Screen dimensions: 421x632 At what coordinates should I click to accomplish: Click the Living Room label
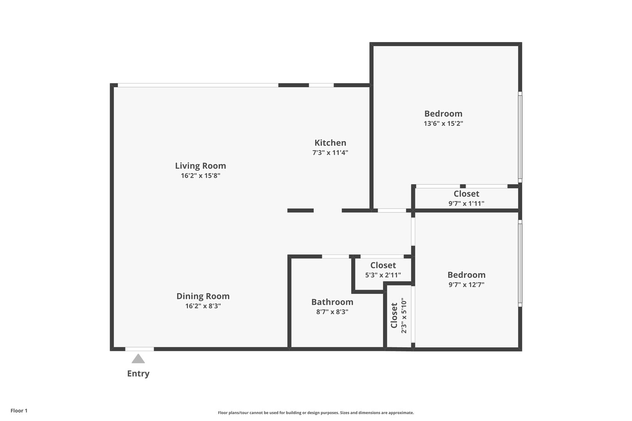click(x=200, y=166)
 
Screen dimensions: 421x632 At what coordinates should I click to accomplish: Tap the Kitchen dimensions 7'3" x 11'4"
click(x=330, y=153)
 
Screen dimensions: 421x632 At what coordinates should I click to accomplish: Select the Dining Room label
click(x=203, y=296)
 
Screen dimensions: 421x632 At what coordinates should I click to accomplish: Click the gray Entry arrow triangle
click(x=138, y=359)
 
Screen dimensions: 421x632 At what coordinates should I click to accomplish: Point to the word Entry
click(x=138, y=373)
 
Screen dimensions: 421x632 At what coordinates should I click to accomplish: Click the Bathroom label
click(x=332, y=302)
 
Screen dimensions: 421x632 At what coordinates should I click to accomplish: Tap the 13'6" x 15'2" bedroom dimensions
click(x=443, y=124)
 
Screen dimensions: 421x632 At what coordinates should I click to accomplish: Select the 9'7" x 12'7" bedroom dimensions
click(x=466, y=285)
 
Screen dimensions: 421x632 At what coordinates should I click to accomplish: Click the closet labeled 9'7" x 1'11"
click(x=466, y=198)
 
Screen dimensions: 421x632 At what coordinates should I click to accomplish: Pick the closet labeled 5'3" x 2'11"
click(x=383, y=270)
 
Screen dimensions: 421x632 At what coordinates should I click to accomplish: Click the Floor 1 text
click(x=19, y=410)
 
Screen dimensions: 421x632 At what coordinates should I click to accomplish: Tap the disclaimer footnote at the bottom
click(x=316, y=412)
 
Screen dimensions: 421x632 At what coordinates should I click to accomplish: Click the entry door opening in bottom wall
click(x=139, y=349)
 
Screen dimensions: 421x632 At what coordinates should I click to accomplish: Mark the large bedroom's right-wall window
click(x=520, y=136)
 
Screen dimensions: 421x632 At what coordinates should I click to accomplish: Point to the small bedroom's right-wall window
click(x=520, y=263)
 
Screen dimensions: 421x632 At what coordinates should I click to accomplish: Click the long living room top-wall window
click(x=198, y=85)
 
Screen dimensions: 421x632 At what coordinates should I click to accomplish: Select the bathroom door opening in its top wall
click(x=335, y=256)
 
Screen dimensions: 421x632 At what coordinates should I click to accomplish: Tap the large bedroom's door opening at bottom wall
click(x=392, y=210)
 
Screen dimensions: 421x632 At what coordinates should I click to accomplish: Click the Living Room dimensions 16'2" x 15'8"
click(x=200, y=176)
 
